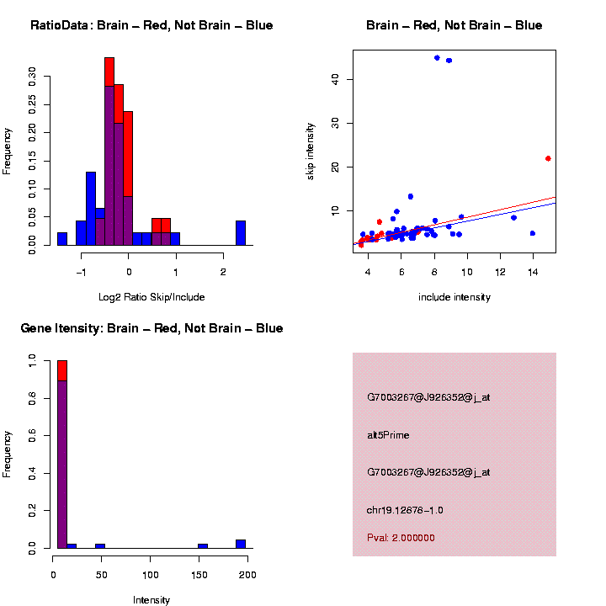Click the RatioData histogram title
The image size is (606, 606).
click(x=151, y=26)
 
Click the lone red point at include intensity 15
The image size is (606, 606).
click(x=548, y=158)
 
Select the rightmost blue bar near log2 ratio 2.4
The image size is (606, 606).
click(x=241, y=233)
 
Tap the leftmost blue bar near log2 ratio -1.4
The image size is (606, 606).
click(x=62, y=239)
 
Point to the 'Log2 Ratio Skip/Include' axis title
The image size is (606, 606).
click(x=151, y=297)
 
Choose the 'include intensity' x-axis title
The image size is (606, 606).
click(x=454, y=297)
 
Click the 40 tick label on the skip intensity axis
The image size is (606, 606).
click(x=335, y=79)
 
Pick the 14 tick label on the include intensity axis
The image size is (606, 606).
click(x=533, y=273)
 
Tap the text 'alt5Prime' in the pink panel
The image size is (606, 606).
click(x=388, y=436)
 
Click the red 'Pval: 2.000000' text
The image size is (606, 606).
click(x=401, y=538)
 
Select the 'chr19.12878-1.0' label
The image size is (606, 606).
click(x=405, y=510)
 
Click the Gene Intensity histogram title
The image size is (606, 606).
click(x=151, y=328)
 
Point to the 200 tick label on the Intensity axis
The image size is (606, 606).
click(x=247, y=574)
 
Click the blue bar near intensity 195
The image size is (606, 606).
click(x=241, y=544)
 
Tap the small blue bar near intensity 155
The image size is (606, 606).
click(x=203, y=546)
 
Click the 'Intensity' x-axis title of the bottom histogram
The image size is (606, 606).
click(x=151, y=600)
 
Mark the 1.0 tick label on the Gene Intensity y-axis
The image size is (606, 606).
click(x=34, y=360)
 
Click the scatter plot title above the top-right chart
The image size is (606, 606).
click(x=454, y=26)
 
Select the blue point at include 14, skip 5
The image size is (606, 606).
click(x=533, y=233)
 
